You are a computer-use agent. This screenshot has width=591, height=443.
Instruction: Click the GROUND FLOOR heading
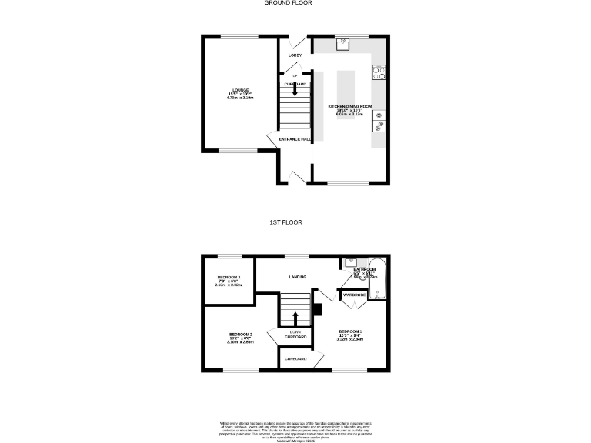(x=288, y=3)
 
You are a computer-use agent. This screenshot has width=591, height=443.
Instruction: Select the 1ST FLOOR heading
(x=285, y=222)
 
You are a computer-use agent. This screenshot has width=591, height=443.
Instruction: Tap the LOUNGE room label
(x=239, y=92)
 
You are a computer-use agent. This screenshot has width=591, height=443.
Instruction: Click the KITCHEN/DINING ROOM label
(x=350, y=108)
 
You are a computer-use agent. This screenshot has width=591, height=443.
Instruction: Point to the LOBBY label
(x=294, y=56)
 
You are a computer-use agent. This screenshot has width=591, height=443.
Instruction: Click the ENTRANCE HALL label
(x=295, y=139)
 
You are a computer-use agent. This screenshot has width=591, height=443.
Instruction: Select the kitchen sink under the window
(x=344, y=42)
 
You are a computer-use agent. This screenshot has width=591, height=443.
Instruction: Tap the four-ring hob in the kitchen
(x=379, y=73)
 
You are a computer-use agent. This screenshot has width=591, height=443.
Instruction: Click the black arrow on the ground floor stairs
(x=294, y=88)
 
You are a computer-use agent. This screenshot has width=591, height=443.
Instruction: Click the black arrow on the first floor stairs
(x=295, y=318)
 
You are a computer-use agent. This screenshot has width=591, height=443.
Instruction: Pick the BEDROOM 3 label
(x=229, y=278)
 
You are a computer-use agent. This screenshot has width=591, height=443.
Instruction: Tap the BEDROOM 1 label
(x=351, y=332)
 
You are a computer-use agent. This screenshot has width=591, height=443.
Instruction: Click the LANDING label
(x=298, y=277)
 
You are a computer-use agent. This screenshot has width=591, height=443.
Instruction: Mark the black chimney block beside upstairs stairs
(x=316, y=309)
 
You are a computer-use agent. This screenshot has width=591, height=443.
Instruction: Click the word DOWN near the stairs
(x=295, y=331)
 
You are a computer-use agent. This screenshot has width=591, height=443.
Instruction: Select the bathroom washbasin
(x=349, y=261)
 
